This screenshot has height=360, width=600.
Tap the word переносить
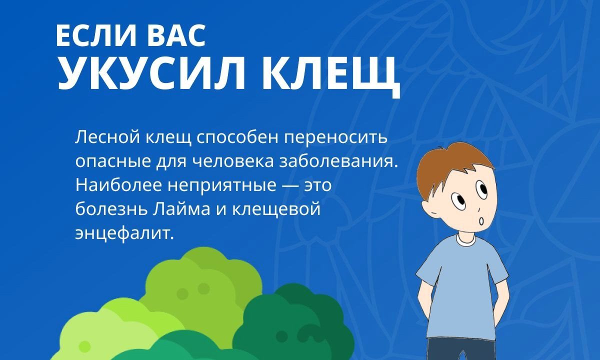click(x=336, y=139)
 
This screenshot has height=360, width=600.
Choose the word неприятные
click(x=222, y=186)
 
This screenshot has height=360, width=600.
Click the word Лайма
click(x=181, y=209)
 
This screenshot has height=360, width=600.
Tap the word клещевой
click(x=276, y=209)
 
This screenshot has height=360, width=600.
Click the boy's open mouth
click(x=481, y=221)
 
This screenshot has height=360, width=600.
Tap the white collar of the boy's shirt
click(x=465, y=240)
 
